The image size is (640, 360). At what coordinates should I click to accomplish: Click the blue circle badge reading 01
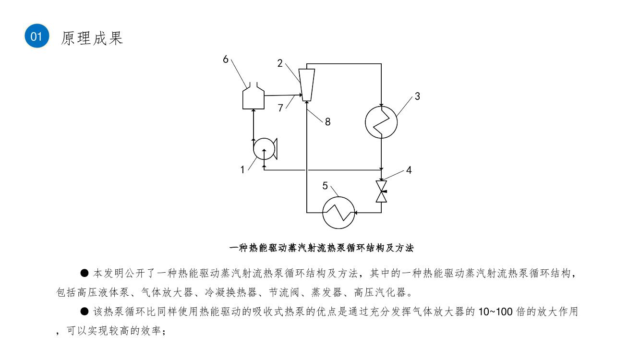click(37, 36)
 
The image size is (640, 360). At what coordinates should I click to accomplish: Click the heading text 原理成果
click(92, 38)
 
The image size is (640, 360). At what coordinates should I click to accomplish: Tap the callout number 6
click(226, 60)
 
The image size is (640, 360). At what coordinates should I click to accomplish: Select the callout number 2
click(280, 63)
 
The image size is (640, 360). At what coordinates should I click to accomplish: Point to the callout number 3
click(417, 96)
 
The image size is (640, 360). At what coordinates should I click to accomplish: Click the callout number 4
click(409, 170)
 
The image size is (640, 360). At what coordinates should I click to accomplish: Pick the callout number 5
click(325, 186)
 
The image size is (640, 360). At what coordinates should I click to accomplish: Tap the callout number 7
click(280, 108)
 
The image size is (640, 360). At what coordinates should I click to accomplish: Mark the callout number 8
click(328, 122)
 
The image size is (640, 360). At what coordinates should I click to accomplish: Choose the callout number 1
click(242, 170)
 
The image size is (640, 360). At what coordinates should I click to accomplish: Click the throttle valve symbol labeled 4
click(381, 192)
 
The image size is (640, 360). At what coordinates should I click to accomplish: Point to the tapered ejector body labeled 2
click(307, 85)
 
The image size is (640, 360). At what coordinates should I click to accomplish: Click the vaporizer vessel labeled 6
click(254, 96)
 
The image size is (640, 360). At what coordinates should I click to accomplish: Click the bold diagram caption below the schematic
click(321, 248)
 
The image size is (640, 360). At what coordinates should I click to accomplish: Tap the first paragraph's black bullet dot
click(85, 273)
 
